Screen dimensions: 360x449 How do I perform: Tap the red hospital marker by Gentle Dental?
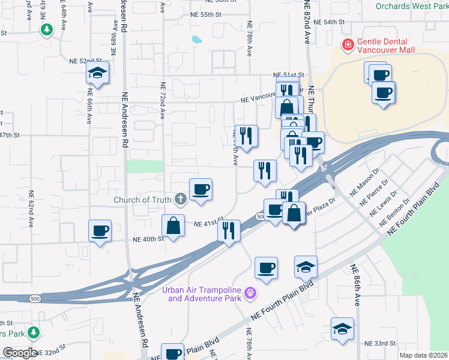point(347,44)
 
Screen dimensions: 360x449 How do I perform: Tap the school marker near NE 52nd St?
point(97,73)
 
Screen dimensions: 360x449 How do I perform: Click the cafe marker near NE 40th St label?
point(100,231)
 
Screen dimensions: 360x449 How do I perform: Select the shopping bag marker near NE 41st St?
point(173,226)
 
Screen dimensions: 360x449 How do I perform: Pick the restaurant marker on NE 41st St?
point(228,230)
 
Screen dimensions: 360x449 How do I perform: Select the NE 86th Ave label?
point(355,286)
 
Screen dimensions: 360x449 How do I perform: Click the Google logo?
point(20,353)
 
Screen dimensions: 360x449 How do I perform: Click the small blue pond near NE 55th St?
point(197,40)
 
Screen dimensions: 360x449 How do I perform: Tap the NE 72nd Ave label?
point(162,96)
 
